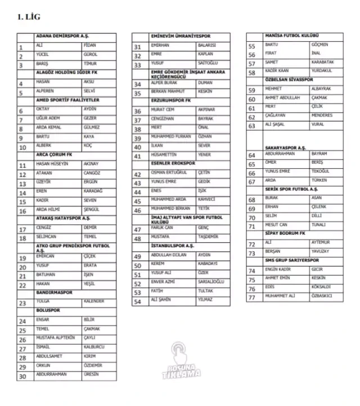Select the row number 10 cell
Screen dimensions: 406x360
pyautogui.click(x=23, y=148)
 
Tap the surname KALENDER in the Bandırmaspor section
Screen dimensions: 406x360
pyautogui.click(x=93, y=302)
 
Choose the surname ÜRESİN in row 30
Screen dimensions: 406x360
pyautogui.click(x=91, y=374)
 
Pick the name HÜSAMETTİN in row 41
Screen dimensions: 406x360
pyautogui.click(x=164, y=154)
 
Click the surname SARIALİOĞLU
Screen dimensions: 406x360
pyautogui.click(x=210, y=283)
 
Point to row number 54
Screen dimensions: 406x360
pyautogui.click(x=138, y=301)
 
